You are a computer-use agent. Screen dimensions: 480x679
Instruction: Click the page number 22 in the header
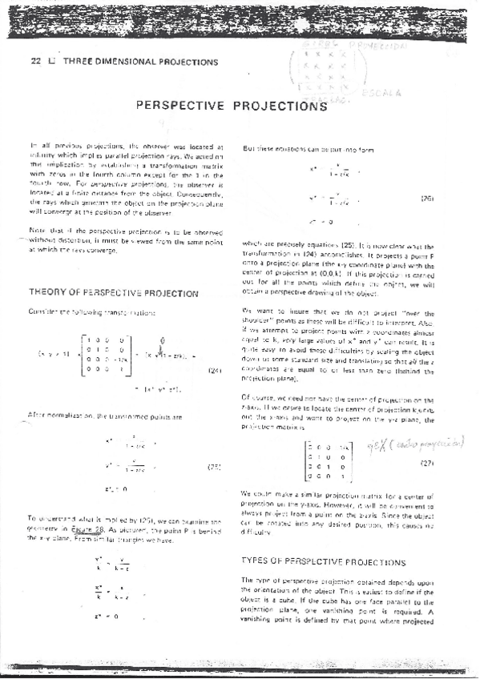pyautogui.click(x=34, y=61)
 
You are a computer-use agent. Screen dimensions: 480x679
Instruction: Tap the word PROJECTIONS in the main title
pyautogui.click(x=276, y=105)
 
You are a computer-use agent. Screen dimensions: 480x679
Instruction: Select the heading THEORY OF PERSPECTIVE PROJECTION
pyautogui.click(x=113, y=293)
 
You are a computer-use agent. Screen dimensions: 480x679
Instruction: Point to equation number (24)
pyautogui.click(x=214, y=348)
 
